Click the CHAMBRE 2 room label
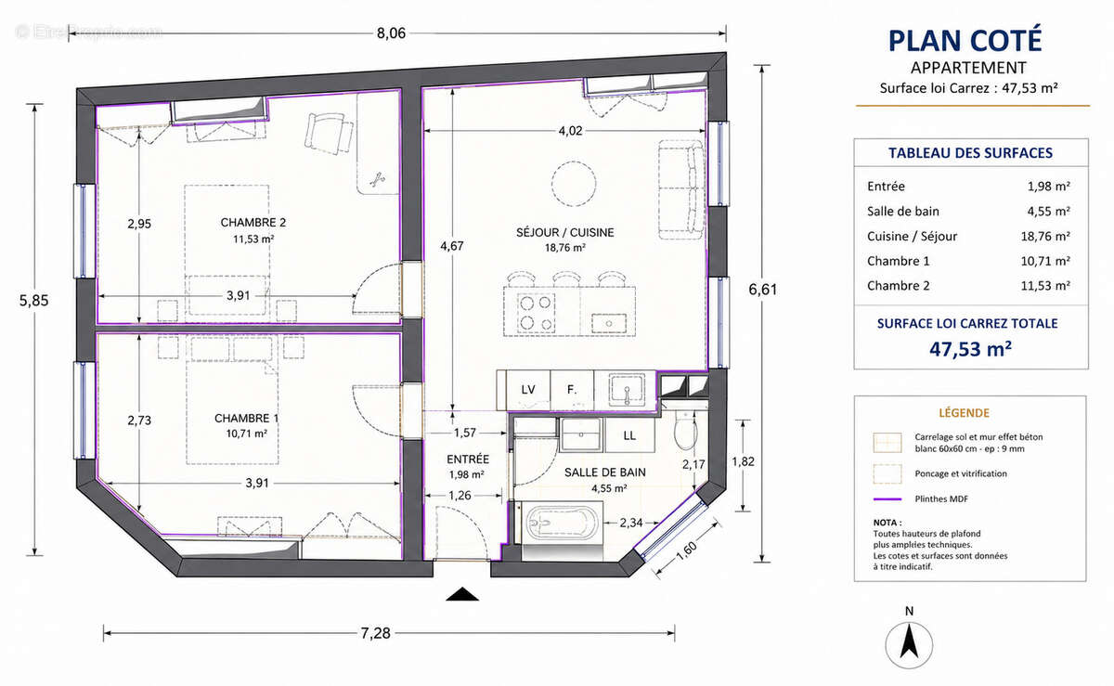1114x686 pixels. tap(253, 223)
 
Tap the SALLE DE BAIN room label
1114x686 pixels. tap(604, 472)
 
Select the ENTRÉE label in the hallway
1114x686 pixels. tap(468, 459)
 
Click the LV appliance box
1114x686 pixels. tap(527, 390)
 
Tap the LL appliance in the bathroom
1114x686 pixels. tap(629, 435)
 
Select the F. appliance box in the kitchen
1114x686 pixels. tap(572, 390)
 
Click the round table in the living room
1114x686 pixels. tap(574, 184)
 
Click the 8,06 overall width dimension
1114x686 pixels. tap(391, 33)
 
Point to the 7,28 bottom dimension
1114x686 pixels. tap(375, 633)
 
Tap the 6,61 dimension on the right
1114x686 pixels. tap(763, 290)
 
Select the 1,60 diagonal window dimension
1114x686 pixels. tap(688, 551)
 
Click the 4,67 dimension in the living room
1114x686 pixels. tap(451, 246)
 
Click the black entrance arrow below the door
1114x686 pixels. tap(462, 594)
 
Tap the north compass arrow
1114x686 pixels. tap(909, 641)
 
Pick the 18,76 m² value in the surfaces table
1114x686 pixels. tap(1045, 237)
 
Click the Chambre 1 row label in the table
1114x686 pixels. tap(899, 261)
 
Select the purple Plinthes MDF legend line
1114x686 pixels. tap(887, 499)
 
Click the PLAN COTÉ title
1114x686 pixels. tap(965, 41)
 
